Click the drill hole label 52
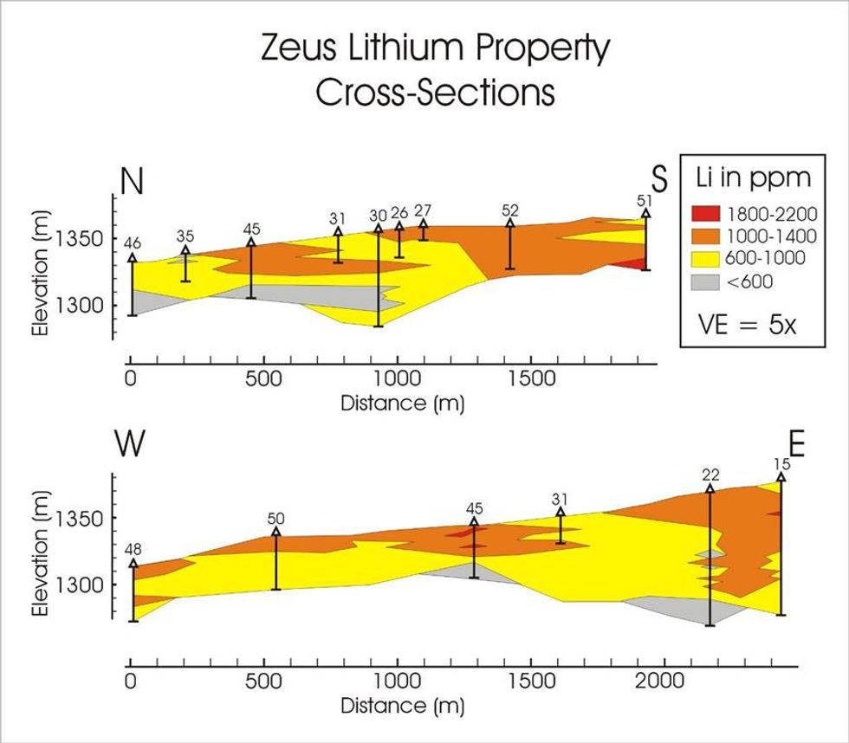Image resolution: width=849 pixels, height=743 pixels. (x=510, y=210)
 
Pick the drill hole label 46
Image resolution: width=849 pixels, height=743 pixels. (x=133, y=243)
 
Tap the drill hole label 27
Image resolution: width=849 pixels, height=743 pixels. (x=423, y=210)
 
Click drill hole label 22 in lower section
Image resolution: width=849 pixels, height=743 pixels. (x=710, y=475)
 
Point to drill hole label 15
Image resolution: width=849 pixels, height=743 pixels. (x=781, y=463)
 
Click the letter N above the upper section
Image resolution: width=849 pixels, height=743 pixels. (x=132, y=181)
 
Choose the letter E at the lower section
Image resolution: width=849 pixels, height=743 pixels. (x=797, y=444)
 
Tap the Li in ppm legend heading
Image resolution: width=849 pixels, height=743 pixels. (x=754, y=179)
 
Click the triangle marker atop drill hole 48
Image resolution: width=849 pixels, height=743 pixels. (x=133, y=564)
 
